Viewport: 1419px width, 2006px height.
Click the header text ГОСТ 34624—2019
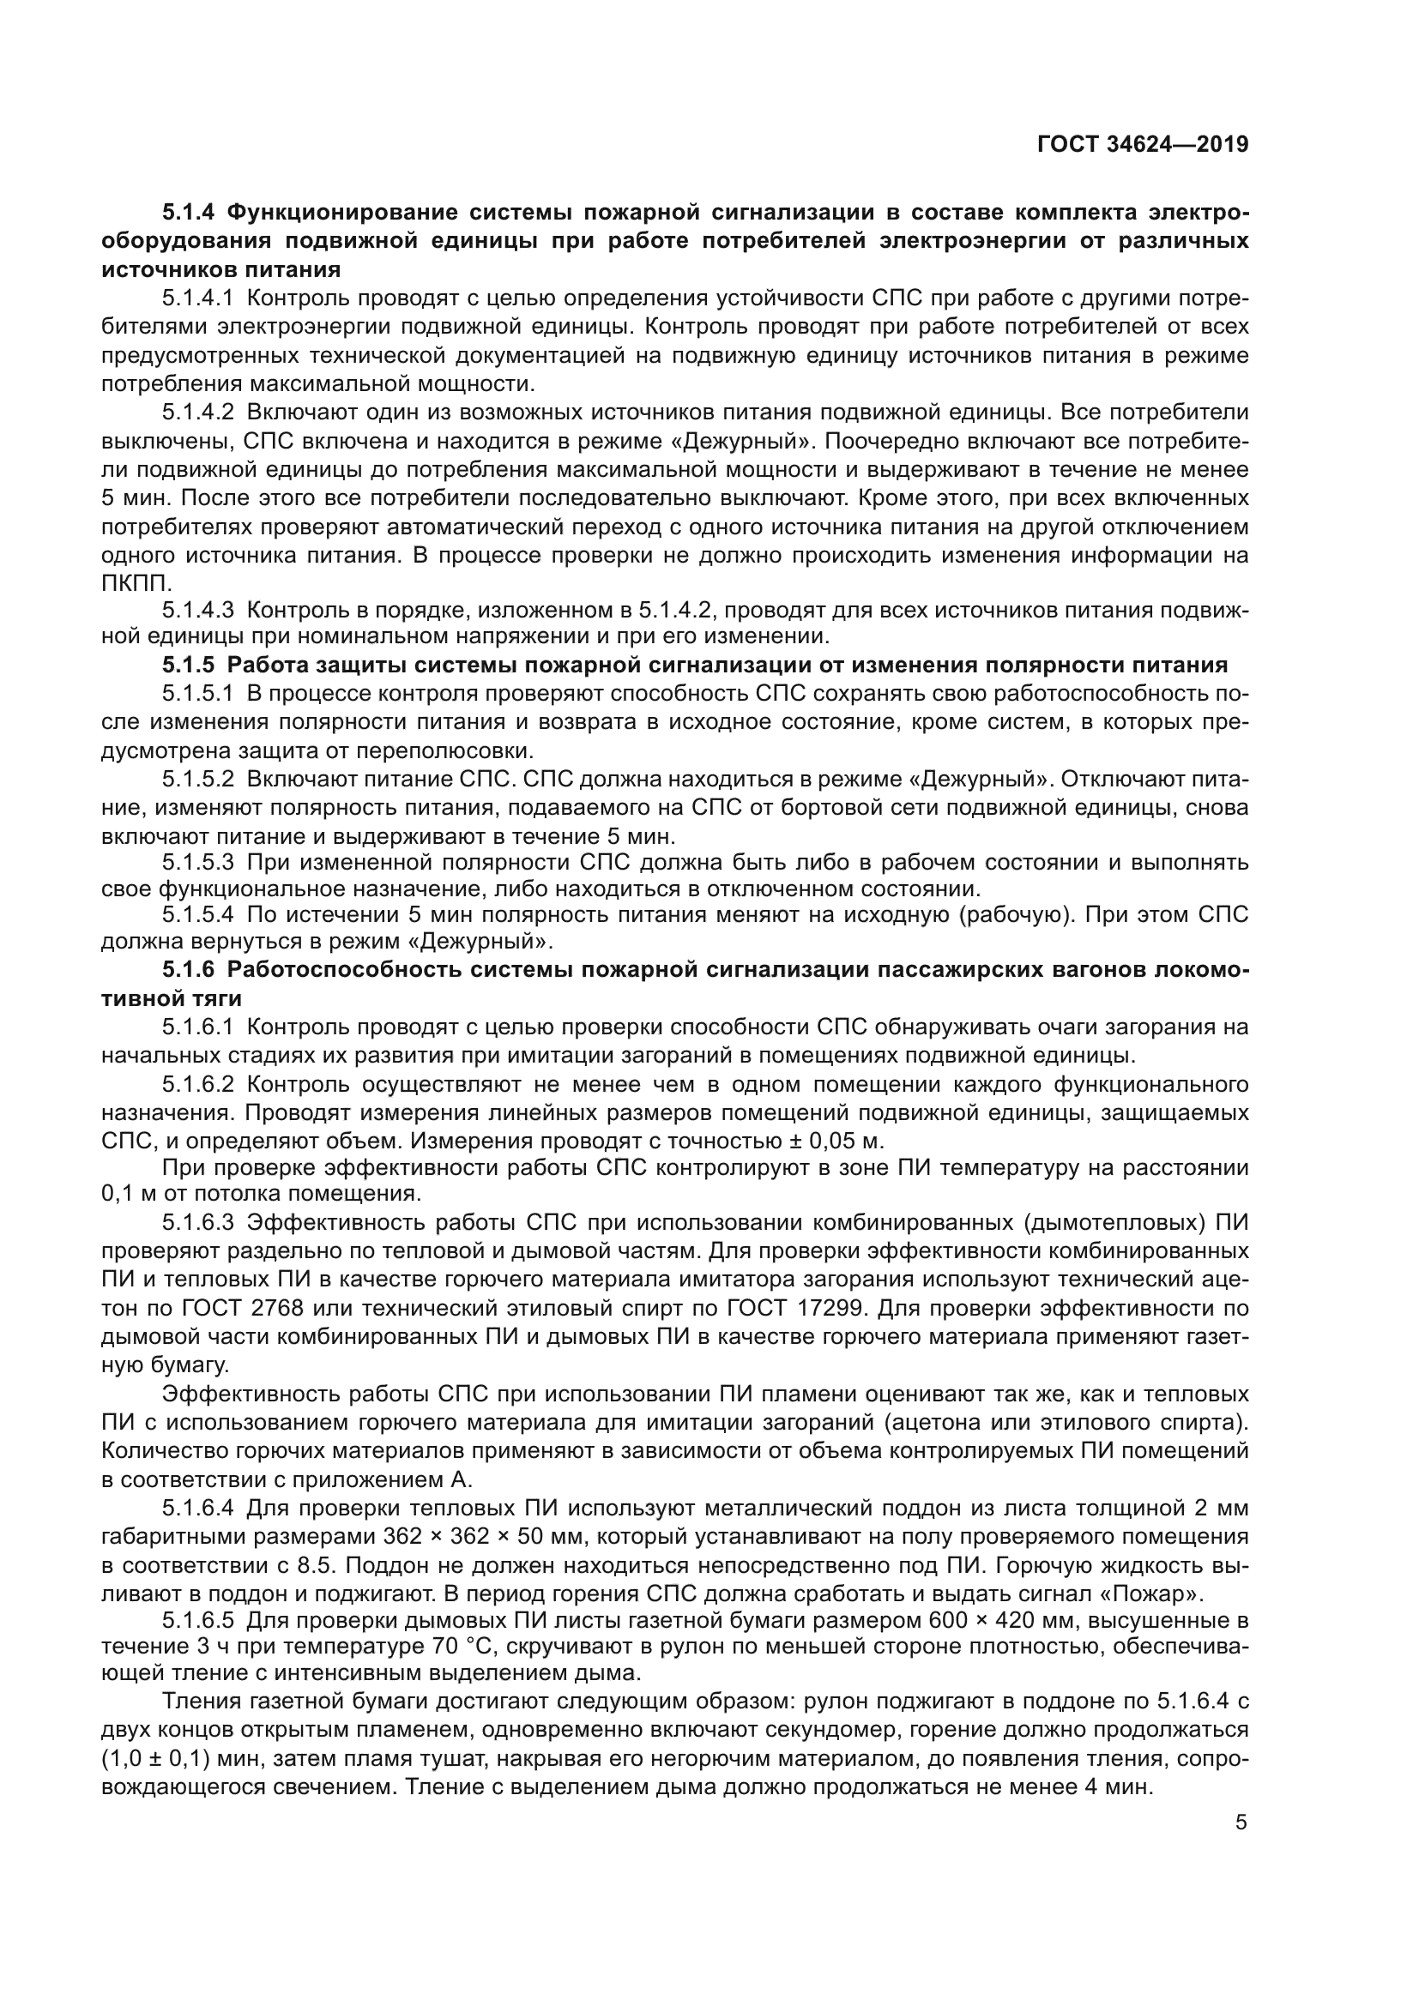1142,144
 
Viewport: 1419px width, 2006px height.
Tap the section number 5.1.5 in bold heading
188,665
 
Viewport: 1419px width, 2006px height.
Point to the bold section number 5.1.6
188,970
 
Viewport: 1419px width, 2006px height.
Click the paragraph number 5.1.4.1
197,298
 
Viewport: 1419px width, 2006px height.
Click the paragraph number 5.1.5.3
197,862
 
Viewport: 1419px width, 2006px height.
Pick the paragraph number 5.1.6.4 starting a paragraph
197,1508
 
